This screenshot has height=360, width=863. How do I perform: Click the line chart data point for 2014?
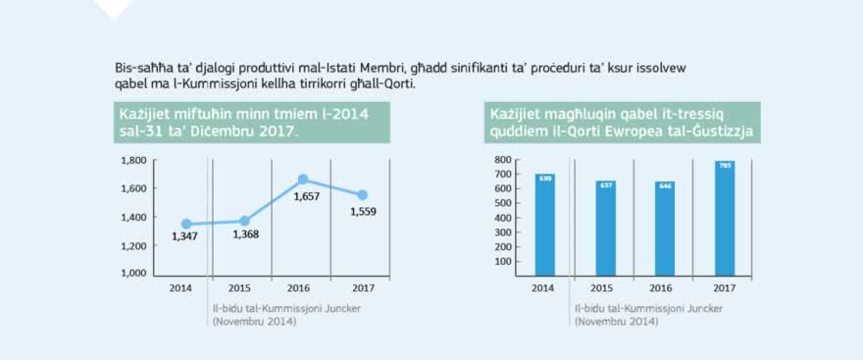186,224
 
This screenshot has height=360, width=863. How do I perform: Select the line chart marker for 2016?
303,180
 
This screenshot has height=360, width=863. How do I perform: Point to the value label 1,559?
361,211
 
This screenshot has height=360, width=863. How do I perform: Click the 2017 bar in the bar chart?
724,219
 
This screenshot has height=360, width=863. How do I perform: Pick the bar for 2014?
544,225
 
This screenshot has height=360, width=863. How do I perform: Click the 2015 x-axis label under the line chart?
239,288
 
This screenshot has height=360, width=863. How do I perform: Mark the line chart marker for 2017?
362,194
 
